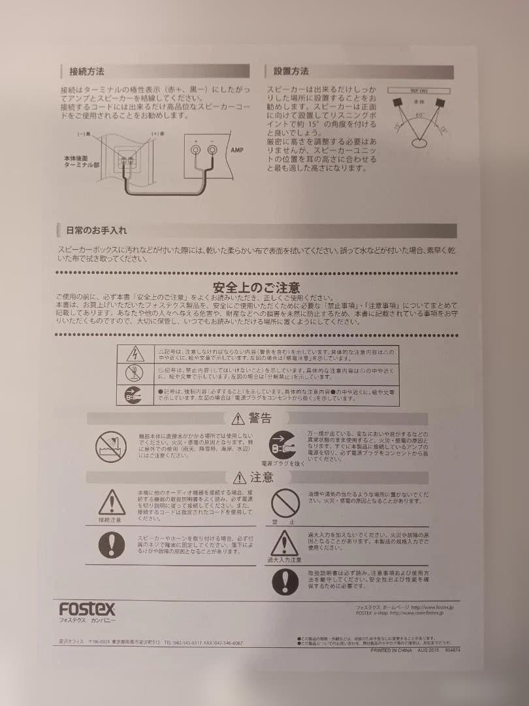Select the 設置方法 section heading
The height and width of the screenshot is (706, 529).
coord(291,71)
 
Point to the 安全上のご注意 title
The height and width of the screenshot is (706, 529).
coord(256,288)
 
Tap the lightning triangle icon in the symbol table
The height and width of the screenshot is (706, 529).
coord(134,354)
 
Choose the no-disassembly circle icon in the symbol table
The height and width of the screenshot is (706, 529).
coord(134,374)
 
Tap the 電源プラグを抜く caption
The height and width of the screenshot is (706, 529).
coord(283,463)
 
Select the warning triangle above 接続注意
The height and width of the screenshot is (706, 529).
coord(112,502)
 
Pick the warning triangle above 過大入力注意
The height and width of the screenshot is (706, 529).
coord(285,543)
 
